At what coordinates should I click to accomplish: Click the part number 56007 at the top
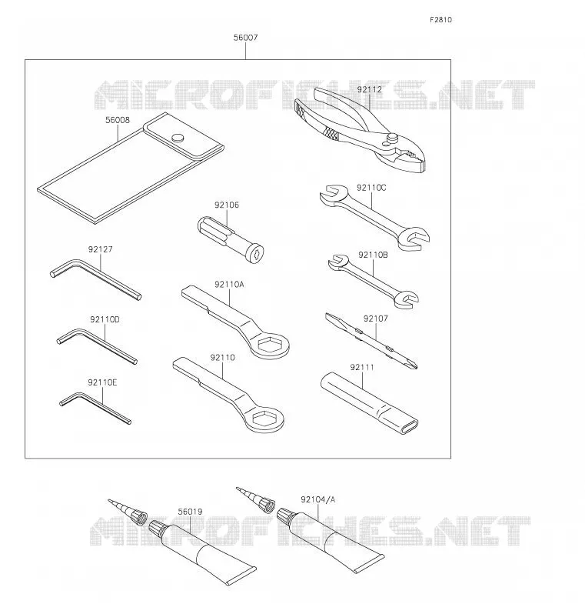[246, 38]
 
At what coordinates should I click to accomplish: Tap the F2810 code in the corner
[440, 20]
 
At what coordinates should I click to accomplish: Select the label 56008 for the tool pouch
[118, 120]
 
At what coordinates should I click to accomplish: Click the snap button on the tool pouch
[178, 138]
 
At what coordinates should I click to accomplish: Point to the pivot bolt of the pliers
[393, 138]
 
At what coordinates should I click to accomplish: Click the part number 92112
[370, 90]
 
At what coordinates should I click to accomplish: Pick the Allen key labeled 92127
[96, 279]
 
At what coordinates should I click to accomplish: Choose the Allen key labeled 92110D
[97, 345]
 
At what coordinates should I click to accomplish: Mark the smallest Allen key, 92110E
[95, 407]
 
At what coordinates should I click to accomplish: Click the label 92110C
[371, 188]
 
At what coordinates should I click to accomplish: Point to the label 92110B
[373, 255]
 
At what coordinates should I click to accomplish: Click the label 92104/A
[318, 499]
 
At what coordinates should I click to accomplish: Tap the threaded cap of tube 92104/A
[285, 516]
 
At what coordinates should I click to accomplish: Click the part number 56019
[190, 512]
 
